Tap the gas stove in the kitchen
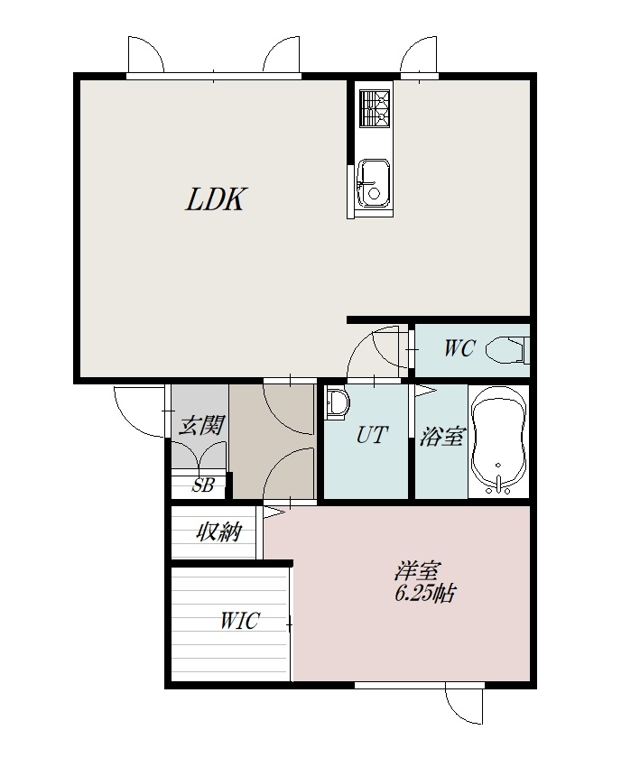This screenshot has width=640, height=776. click(375, 108)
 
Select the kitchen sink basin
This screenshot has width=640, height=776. click(374, 182)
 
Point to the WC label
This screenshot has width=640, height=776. click(459, 348)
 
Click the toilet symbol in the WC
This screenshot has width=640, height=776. click(506, 350)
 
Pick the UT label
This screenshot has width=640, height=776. click(372, 435)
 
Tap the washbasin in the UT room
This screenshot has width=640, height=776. click(337, 404)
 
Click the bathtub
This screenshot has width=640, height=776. click(498, 441)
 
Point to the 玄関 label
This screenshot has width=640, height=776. click(200, 425)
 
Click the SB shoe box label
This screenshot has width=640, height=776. click(202, 486)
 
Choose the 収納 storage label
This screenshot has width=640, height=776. click(218, 532)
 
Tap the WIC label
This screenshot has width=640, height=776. click(239, 621)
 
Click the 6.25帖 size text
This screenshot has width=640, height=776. click(424, 594)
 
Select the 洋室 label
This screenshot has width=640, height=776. click(417, 571)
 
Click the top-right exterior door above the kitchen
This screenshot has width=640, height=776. click(419, 55)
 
